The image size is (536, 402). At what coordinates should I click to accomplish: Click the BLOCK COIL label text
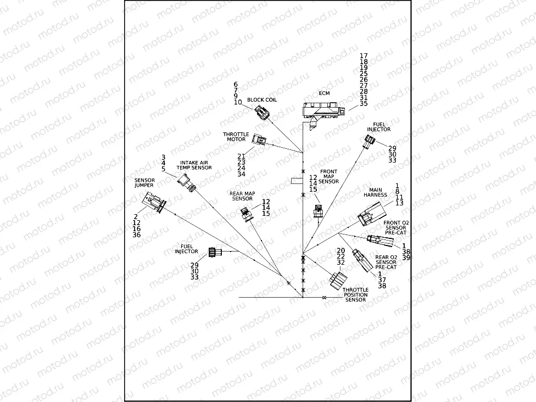coord(262,100)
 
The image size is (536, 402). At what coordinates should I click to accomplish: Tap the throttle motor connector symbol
coord(259,140)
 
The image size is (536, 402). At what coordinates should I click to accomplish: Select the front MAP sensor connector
coord(317,211)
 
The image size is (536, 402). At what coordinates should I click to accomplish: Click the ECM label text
coord(324,93)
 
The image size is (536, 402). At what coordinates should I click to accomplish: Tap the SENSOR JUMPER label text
coord(144,183)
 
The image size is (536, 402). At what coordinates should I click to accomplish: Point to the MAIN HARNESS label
coord(375,192)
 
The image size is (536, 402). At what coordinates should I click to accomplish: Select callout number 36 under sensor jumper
coord(137,235)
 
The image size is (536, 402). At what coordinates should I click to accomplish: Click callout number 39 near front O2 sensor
coord(406,258)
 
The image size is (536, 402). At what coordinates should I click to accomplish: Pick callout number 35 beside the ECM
coord(364,104)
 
